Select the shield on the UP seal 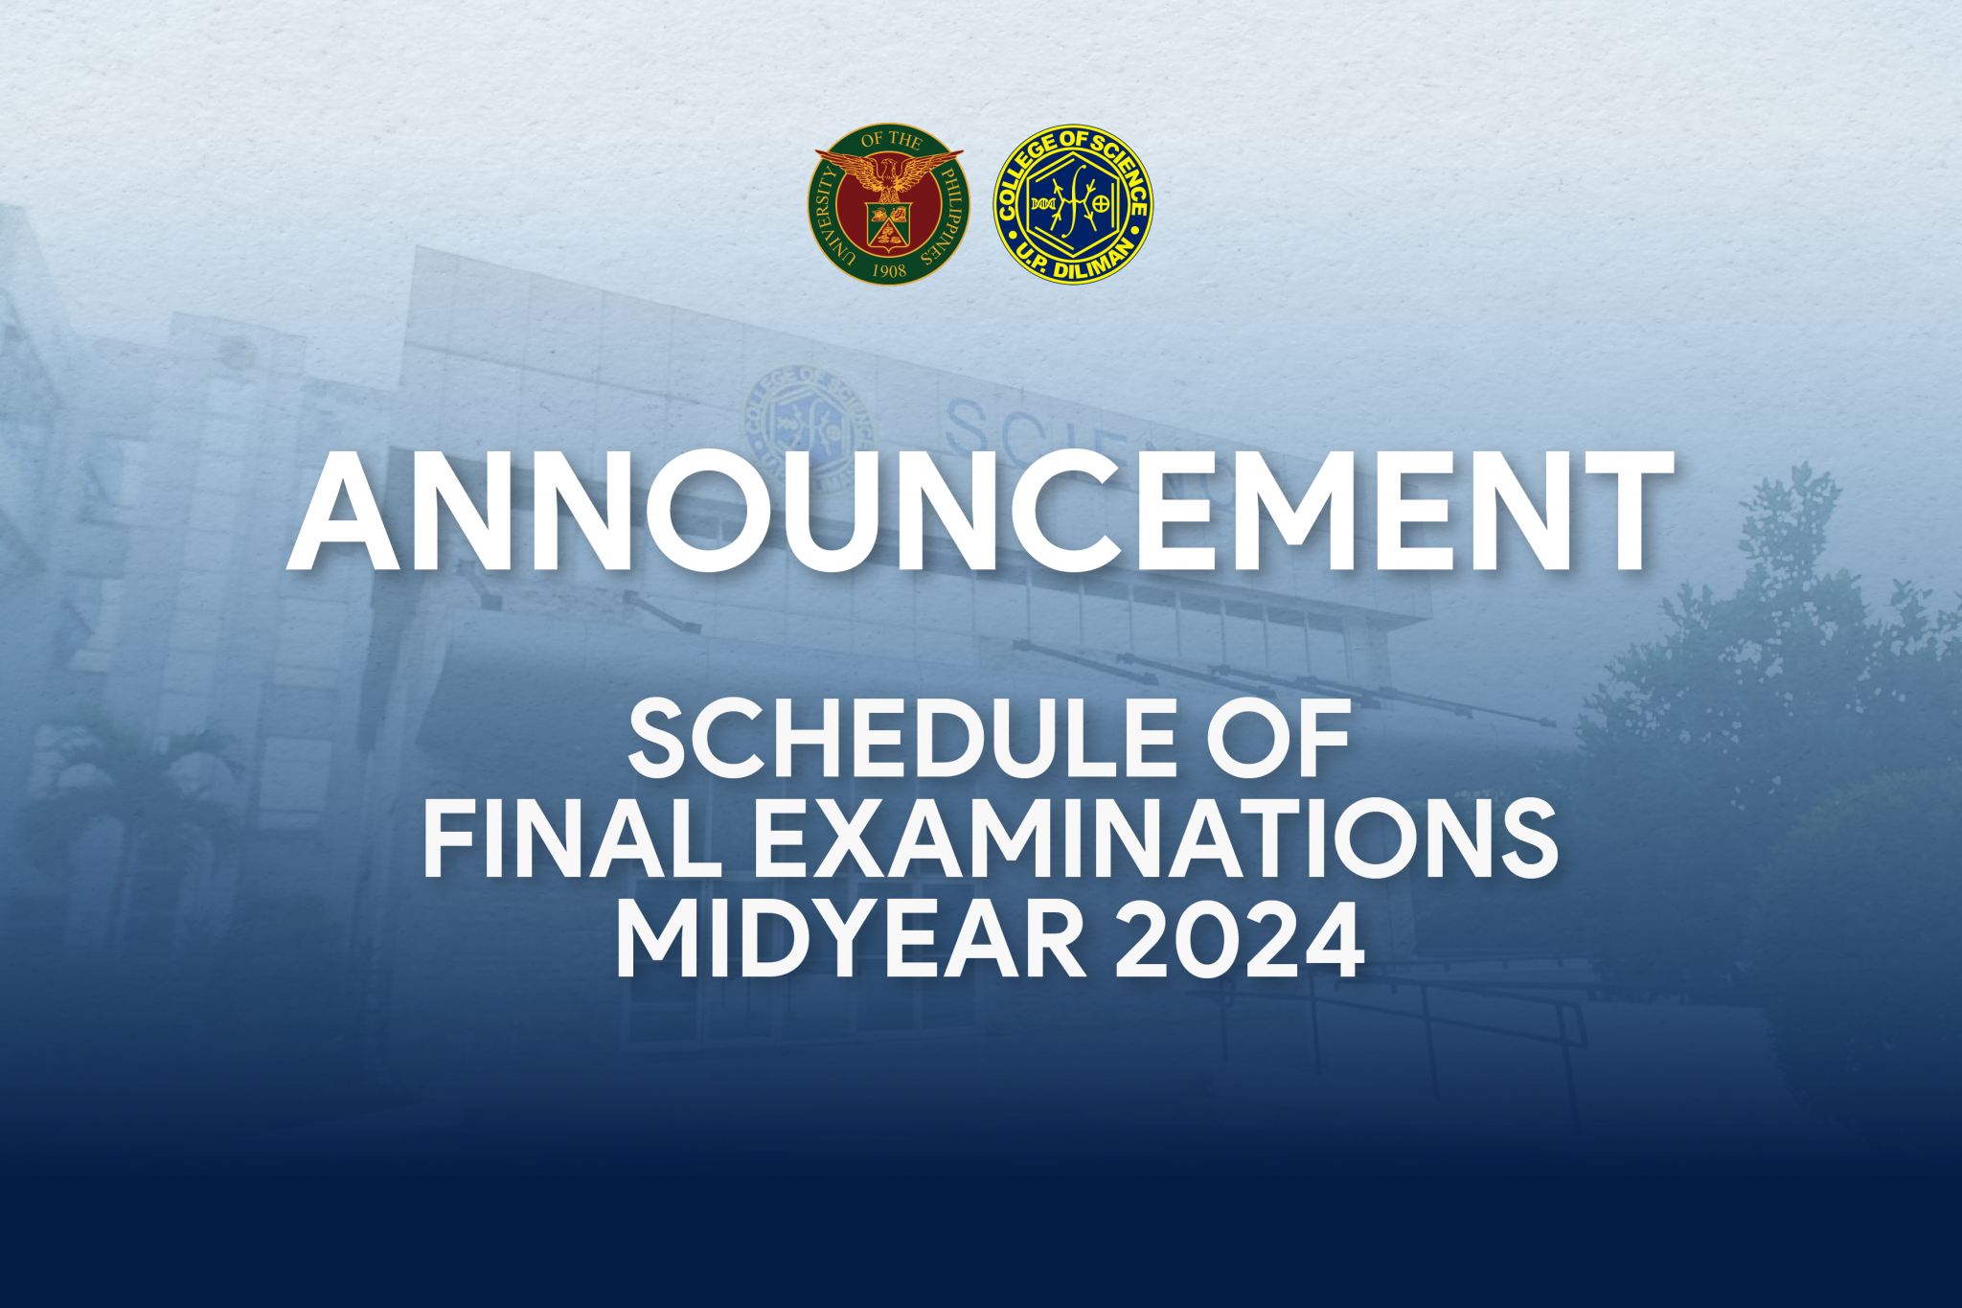pos(889,226)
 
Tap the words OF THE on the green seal pos(891,140)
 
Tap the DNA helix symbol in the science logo pos(1042,204)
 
